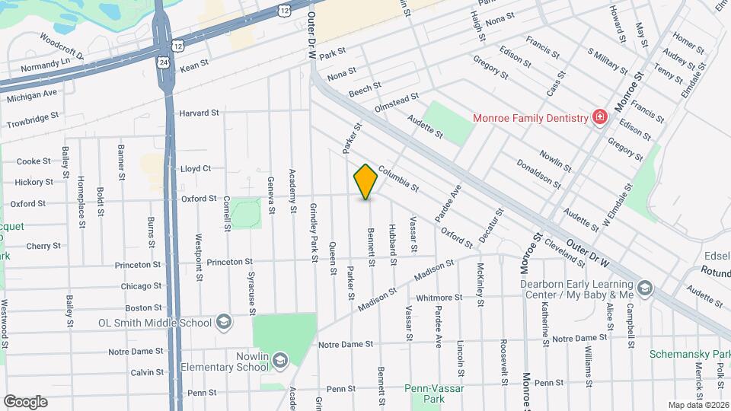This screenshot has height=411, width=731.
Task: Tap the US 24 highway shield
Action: click(164, 62)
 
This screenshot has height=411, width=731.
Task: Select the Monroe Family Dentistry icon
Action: click(600, 117)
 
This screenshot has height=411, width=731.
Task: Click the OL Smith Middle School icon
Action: click(224, 322)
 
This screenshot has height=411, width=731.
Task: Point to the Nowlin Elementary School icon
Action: click(279, 359)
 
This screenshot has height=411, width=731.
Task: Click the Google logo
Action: click(25, 401)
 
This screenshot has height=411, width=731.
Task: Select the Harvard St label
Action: click(199, 113)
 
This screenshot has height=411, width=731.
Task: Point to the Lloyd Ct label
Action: click(195, 168)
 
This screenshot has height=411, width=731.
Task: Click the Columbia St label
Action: click(398, 180)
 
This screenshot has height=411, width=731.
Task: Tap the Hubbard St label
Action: click(393, 245)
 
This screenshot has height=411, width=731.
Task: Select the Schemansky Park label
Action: click(690, 355)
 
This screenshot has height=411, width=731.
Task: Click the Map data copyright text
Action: click(698, 404)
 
